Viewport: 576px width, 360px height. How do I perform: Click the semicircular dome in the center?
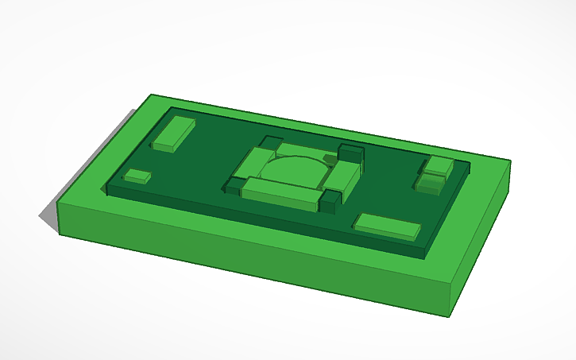(294, 170)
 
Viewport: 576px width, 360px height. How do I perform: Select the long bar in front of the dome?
(280, 193)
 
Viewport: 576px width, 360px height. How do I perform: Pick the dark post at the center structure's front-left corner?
(233, 186)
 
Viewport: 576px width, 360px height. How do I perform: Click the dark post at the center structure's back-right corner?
(350, 152)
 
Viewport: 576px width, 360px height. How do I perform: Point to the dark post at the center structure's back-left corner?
(269, 143)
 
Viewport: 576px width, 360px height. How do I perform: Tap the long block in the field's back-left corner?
(174, 134)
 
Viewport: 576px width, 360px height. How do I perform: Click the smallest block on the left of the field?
(137, 176)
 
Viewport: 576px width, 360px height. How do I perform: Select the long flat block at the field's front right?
(386, 226)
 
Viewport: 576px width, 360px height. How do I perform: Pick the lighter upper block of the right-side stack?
(439, 166)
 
